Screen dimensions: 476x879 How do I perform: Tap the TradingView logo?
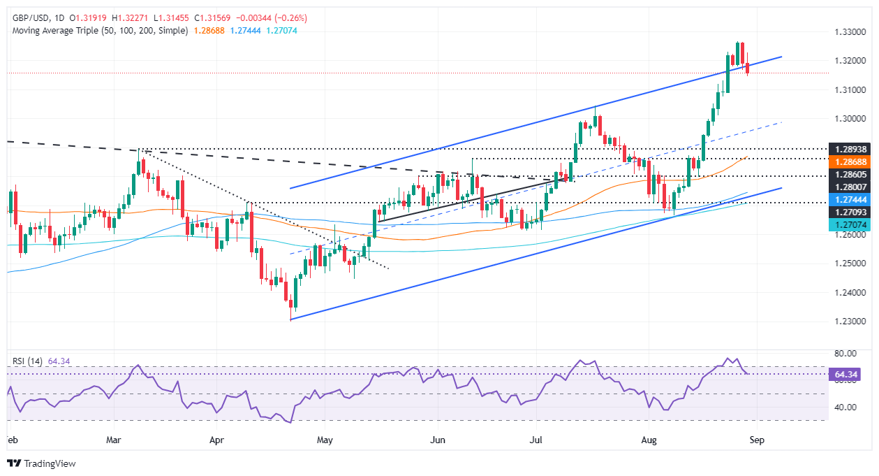point(41,463)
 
